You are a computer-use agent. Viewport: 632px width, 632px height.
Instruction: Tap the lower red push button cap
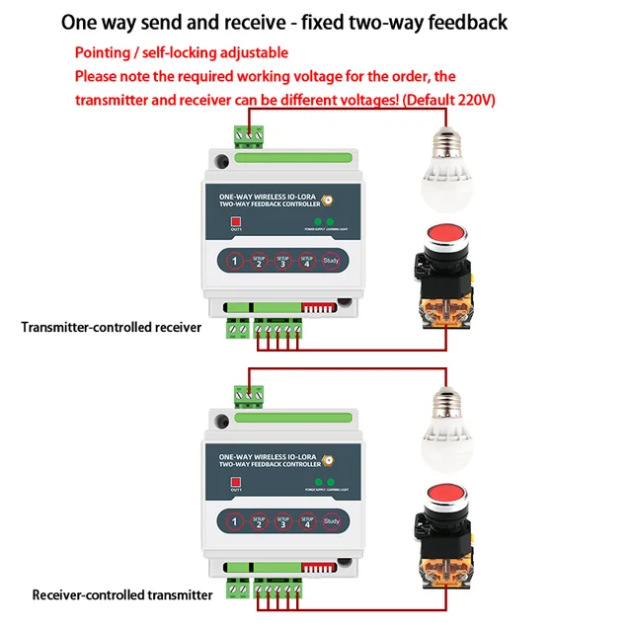click(442, 504)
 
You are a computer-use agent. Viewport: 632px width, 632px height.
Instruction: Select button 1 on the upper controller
click(234, 262)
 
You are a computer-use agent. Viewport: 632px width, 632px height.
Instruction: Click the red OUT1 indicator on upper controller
click(236, 220)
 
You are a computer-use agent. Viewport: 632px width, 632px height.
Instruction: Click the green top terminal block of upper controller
click(249, 134)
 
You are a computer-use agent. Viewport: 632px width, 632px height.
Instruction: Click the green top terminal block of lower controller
click(249, 395)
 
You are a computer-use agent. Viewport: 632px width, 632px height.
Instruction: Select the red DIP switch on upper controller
click(317, 308)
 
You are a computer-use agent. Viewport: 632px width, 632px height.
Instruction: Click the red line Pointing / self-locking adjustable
click(182, 52)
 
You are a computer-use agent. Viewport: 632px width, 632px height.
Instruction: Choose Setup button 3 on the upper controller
click(282, 262)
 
